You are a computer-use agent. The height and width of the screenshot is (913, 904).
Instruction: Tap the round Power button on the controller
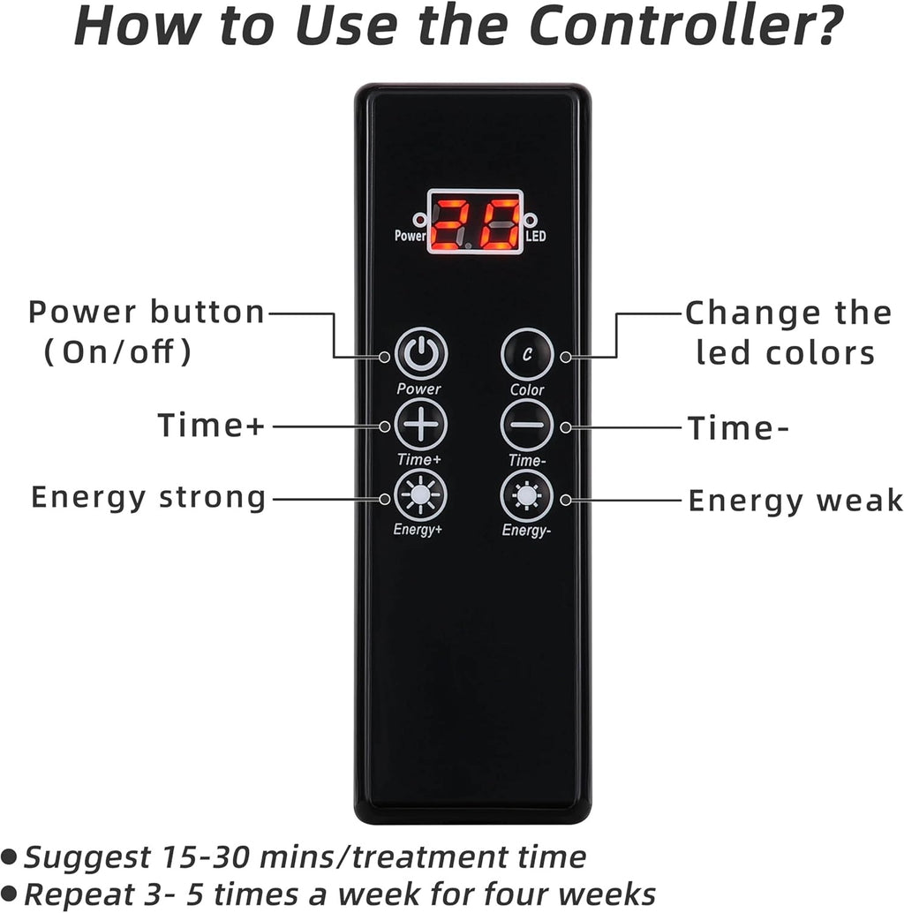421,353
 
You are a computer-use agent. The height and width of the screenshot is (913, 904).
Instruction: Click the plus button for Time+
421,425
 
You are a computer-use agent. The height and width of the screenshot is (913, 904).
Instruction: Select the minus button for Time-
527,425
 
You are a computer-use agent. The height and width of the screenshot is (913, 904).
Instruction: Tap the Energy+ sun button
420,495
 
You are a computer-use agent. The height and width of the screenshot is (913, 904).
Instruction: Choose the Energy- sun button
527,496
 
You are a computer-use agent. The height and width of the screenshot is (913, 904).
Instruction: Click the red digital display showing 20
476,222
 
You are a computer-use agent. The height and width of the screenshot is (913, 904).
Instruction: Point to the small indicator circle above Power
419,220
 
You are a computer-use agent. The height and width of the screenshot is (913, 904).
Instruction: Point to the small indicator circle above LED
530,220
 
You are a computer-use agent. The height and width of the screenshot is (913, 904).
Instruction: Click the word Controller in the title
686,26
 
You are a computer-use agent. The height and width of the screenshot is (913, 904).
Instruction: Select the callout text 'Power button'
147,312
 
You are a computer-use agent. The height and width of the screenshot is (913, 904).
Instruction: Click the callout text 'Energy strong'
148,498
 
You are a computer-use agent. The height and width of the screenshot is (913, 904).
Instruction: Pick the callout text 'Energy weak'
795,502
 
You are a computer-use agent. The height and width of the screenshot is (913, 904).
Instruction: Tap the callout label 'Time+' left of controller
211,425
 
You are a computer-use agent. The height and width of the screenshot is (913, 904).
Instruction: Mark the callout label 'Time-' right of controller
738,428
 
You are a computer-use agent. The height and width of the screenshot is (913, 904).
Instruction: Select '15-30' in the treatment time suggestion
207,857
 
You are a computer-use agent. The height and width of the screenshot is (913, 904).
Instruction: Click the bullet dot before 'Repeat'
9,892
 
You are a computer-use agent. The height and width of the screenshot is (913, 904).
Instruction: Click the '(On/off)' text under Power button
117,351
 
